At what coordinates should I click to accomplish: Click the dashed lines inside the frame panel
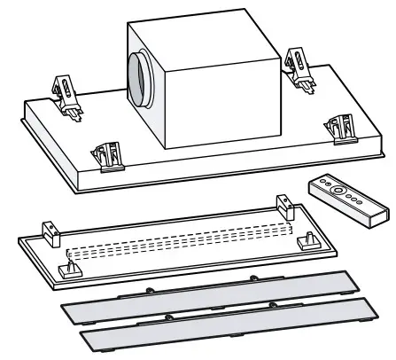(x=177, y=243)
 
